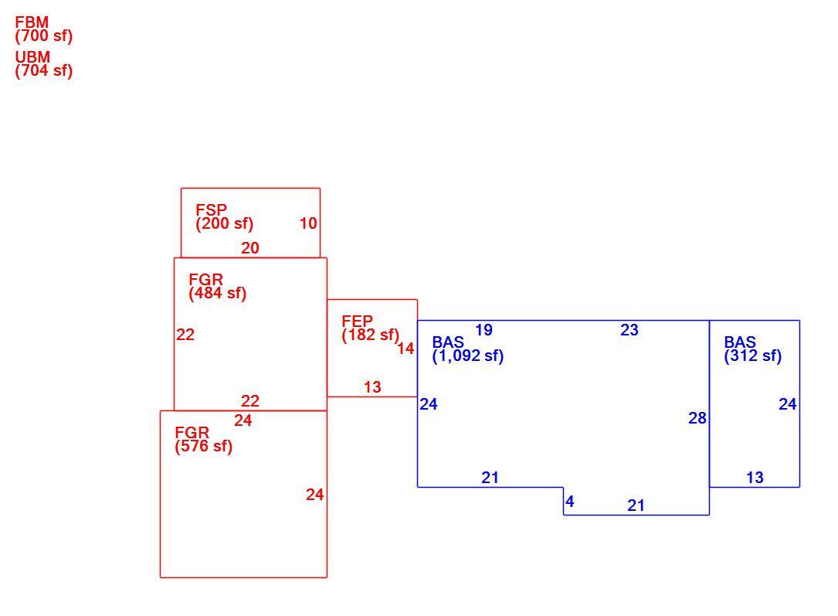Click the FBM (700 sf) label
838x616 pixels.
[x=44, y=29]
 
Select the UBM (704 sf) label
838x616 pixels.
[x=44, y=64]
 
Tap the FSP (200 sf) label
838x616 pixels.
[x=225, y=217]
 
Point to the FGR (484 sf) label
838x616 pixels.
[x=218, y=287]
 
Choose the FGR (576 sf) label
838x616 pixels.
[x=204, y=440]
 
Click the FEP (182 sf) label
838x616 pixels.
[x=371, y=328]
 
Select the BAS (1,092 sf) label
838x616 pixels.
[x=468, y=349]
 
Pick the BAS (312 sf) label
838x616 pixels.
[x=753, y=349]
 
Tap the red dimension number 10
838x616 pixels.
[x=308, y=223]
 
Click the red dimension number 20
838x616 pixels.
[x=250, y=248]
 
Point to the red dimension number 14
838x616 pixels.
[x=405, y=349]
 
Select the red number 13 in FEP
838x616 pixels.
[x=372, y=387]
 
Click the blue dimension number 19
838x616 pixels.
[x=483, y=330]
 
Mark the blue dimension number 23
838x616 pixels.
[x=629, y=330]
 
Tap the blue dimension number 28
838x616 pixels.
[x=697, y=418]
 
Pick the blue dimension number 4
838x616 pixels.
[x=570, y=502]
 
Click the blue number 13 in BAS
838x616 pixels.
[x=755, y=478]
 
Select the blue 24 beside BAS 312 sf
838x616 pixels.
[x=788, y=404]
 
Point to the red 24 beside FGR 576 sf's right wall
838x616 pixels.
[x=315, y=495]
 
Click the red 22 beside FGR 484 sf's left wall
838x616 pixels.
[x=185, y=335]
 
